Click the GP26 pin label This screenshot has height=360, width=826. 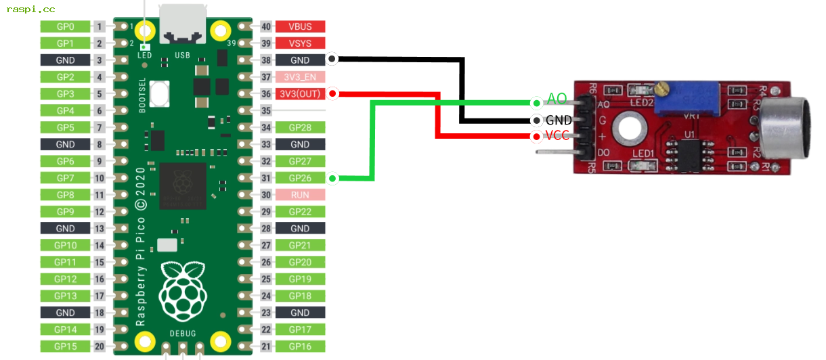tap(299, 178)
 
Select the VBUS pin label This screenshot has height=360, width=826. tap(299, 26)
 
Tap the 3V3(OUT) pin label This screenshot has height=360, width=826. tap(299, 93)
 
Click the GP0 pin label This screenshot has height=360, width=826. tap(65, 26)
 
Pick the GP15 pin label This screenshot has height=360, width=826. tap(65, 346)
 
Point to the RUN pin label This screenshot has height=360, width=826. tap(299, 195)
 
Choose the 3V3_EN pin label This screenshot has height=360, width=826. tap(299, 76)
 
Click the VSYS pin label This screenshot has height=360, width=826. tap(299, 43)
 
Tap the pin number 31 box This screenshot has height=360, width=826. tap(266, 178)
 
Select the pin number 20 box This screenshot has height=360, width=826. tap(100, 346)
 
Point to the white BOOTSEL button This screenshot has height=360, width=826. tap(160, 93)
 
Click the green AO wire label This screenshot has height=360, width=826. tap(557, 99)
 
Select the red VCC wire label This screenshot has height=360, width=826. tap(557, 135)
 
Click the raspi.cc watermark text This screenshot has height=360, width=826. tap(30, 9)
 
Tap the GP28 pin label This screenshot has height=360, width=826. tap(299, 127)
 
